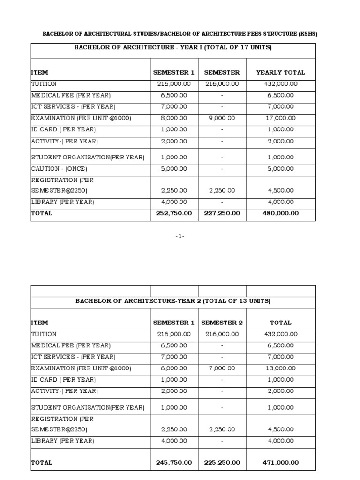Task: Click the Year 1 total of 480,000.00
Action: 280,213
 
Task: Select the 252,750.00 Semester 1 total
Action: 174,213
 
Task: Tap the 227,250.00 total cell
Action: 222,213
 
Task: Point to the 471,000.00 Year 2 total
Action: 280,463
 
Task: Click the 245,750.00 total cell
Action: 174,463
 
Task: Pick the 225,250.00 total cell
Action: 222,463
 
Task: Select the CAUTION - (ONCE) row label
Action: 59,169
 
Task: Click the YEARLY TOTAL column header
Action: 280,73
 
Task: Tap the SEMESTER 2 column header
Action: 222,323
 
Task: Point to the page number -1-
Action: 180,236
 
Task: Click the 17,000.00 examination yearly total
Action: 280,118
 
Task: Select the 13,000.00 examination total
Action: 280,368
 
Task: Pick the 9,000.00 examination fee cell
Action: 222,118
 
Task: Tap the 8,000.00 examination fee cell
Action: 174,118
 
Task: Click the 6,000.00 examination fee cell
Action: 174,368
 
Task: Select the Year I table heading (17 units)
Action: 173,48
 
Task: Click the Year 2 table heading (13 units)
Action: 173,301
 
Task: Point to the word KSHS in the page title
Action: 307,34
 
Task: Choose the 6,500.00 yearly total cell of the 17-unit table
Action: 280,95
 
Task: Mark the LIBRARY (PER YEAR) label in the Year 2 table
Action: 63,441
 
